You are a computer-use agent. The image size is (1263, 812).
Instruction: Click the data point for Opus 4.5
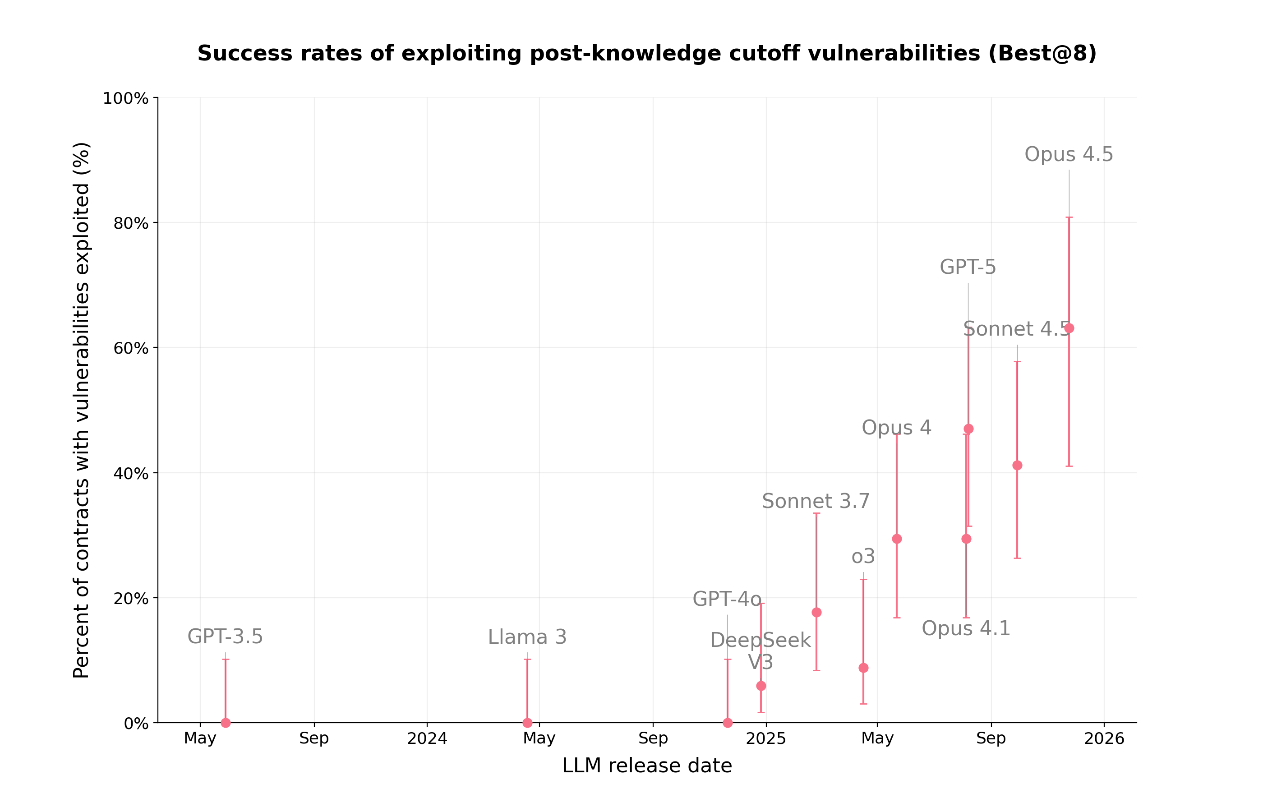[1069, 328]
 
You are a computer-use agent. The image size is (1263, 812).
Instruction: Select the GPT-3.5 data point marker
[226, 722]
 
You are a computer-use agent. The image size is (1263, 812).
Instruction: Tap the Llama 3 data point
[527, 722]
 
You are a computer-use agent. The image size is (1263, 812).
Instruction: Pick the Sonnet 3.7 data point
[816, 612]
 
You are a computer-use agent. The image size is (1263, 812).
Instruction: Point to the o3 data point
[863, 668]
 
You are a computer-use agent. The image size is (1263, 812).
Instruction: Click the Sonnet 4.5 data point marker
[1017, 465]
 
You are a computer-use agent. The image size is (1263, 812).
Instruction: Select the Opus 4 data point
[896, 538]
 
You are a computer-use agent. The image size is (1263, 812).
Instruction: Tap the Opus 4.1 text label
[966, 628]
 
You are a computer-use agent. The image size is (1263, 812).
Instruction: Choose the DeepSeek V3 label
[760, 651]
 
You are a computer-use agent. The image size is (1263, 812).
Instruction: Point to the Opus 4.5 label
[1068, 154]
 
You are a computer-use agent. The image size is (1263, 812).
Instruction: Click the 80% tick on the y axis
[131, 223]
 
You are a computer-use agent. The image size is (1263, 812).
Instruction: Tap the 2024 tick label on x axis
[427, 738]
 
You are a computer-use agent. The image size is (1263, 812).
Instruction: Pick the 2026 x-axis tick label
[1104, 738]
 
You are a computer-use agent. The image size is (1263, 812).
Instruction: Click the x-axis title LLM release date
[647, 766]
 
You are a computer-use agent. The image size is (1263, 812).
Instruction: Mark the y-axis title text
[81, 410]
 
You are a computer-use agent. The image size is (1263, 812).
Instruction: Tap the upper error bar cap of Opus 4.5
[1069, 217]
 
